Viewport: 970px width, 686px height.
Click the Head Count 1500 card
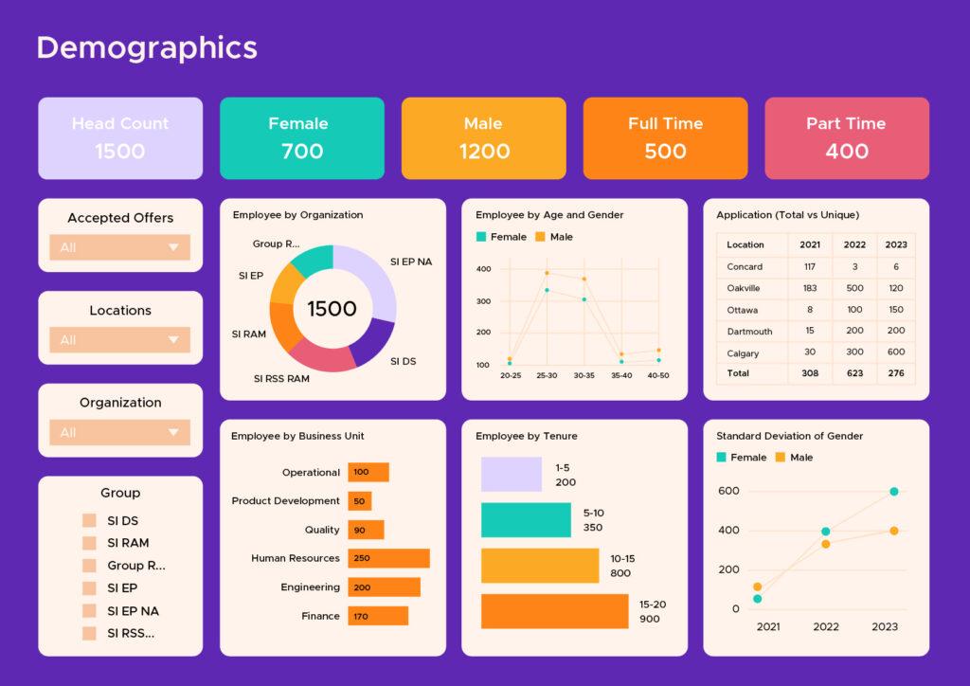pos(120,138)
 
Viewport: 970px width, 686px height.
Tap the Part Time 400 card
pos(846,138)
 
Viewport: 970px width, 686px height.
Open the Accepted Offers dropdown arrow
pos(172,247)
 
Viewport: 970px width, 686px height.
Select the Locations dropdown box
pos(119,340)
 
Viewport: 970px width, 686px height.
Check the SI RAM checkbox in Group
pos(89,543)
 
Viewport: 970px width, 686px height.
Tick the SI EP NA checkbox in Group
pos(89,611)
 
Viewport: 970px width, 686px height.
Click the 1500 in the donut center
pos(332,309)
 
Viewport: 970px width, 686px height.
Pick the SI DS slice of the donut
pos(375,341)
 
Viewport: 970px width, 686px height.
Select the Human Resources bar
pos(388,558)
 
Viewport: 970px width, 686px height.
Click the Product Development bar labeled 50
pos(359,501)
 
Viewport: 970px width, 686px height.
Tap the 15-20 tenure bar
pos(554,611)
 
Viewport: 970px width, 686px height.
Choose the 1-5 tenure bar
pos(511,475)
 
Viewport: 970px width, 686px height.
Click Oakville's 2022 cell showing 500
pos(854,288)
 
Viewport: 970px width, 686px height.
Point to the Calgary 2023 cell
pos(895,352)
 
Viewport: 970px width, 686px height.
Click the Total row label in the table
pos(738,373)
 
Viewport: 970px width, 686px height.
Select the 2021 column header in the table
pos(809,244)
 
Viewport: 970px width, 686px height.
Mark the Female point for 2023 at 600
pos(893,492)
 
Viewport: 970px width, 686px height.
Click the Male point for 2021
pos(758,587)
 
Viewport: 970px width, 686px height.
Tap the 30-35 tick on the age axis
pos(584,375)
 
